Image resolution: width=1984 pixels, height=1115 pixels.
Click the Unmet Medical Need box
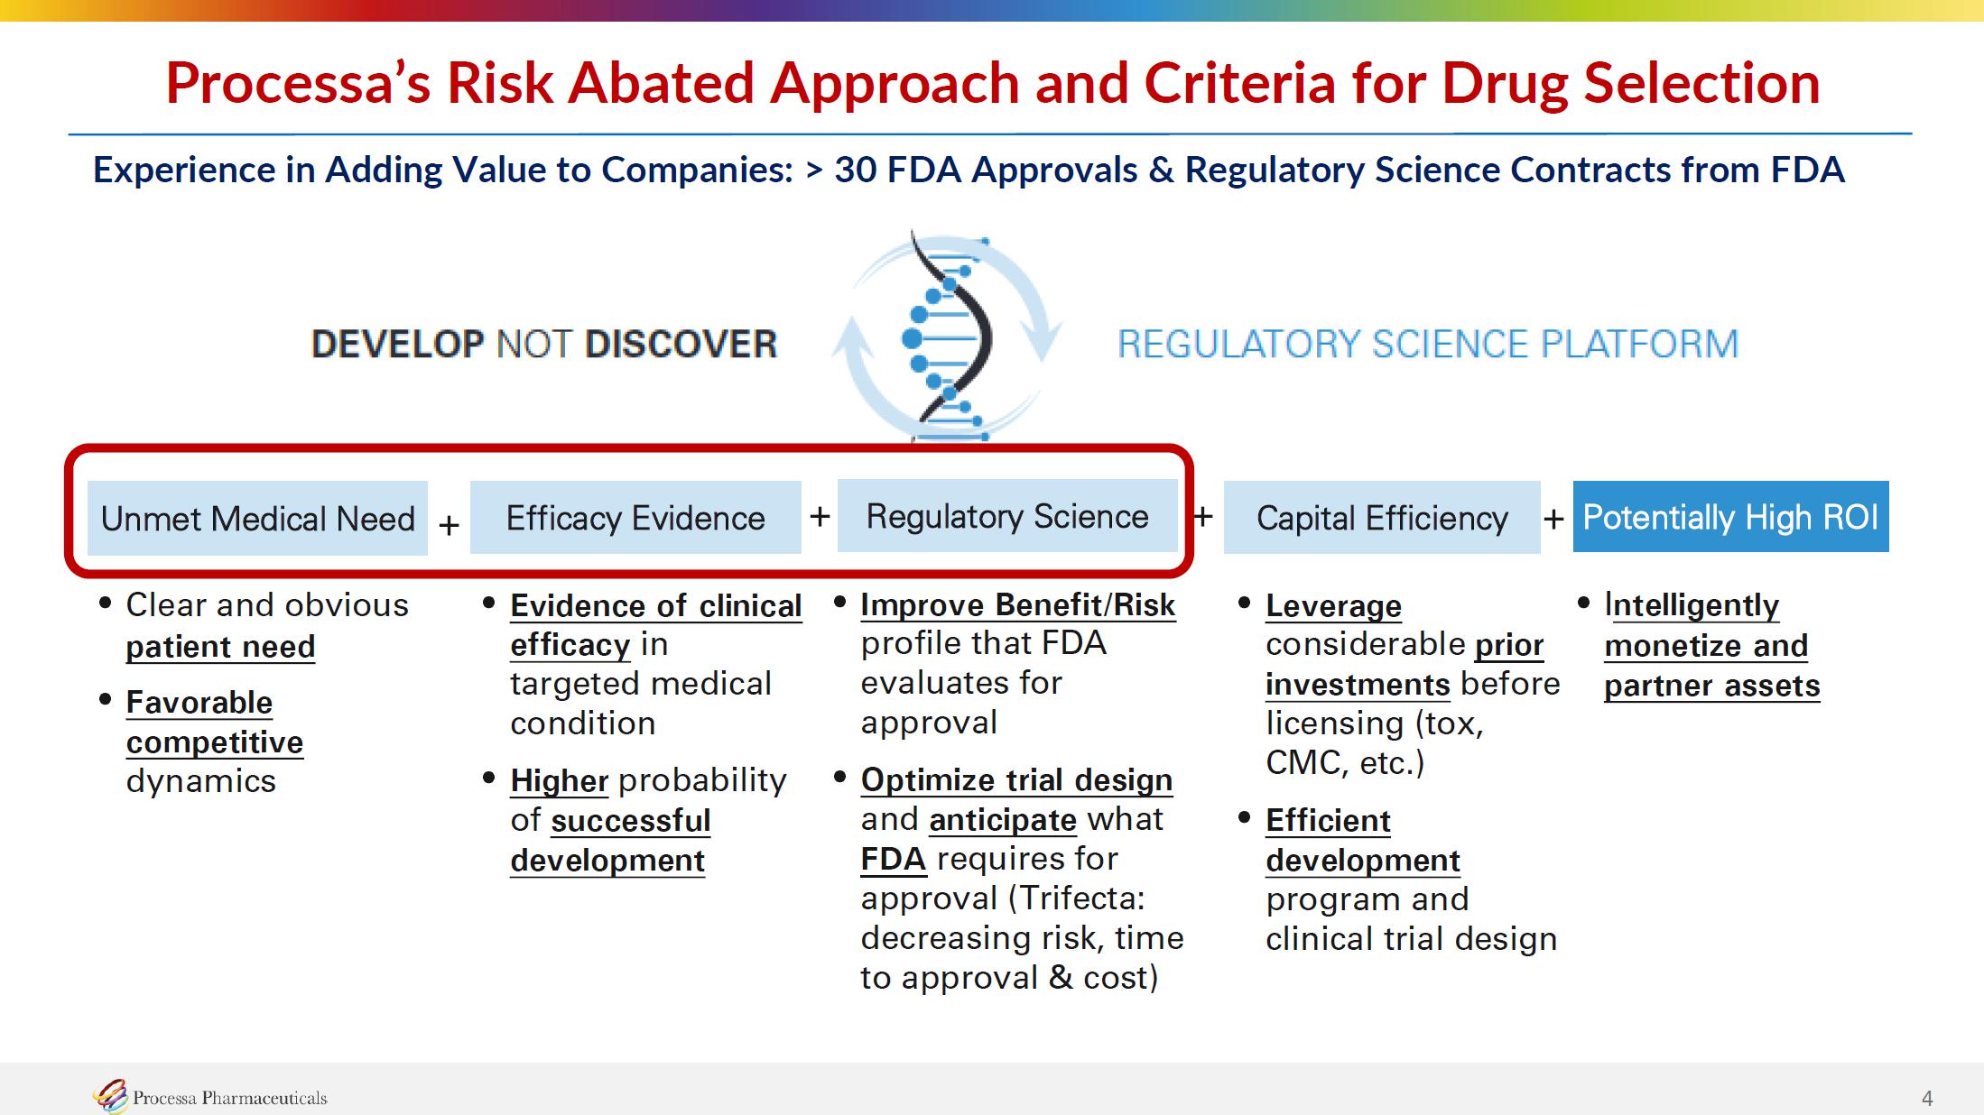257,518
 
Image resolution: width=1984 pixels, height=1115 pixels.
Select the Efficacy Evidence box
635,517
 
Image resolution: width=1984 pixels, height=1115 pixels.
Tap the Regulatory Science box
1007,516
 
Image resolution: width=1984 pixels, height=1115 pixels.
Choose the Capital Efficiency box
1382,517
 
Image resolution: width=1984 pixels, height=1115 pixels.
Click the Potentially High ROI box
1730,516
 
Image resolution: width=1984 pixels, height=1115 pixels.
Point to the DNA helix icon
948,336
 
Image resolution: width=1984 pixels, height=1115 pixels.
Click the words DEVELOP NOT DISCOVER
544,344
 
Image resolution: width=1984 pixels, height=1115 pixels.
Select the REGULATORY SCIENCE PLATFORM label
1428,344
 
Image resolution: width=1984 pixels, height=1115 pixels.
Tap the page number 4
1927,1098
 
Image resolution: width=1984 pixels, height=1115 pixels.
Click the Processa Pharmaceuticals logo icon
111,1096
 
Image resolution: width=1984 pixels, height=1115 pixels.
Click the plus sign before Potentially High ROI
1553,519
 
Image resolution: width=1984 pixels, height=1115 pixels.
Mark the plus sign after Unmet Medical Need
449,525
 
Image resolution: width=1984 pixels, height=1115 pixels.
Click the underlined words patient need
220,647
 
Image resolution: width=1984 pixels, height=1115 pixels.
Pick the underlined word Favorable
199,702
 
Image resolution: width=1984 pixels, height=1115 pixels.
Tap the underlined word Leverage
1333,606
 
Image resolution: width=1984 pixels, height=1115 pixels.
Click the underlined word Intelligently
1692,605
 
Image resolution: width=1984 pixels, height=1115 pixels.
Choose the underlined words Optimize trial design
1016,780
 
